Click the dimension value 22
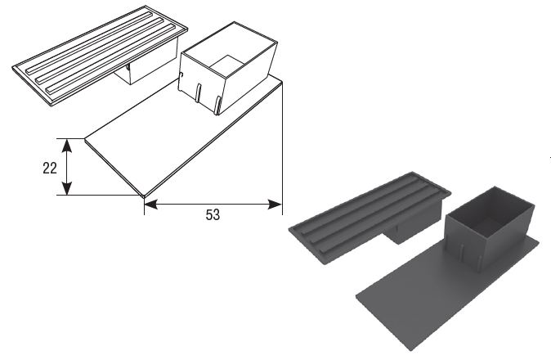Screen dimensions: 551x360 50,168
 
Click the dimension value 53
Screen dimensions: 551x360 213,214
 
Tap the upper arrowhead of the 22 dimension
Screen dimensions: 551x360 67,146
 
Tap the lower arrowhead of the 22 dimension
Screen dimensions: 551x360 67,188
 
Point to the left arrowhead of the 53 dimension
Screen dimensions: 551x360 151,205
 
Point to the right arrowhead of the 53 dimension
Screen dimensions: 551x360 275,205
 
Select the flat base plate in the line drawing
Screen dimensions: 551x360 183,137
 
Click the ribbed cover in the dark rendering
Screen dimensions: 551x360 369,216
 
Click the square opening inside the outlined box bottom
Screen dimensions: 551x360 227,65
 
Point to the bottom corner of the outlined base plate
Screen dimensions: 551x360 143,196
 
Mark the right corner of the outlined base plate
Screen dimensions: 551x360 282,83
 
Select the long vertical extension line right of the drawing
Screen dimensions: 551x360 283,148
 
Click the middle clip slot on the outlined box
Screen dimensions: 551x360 199,93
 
